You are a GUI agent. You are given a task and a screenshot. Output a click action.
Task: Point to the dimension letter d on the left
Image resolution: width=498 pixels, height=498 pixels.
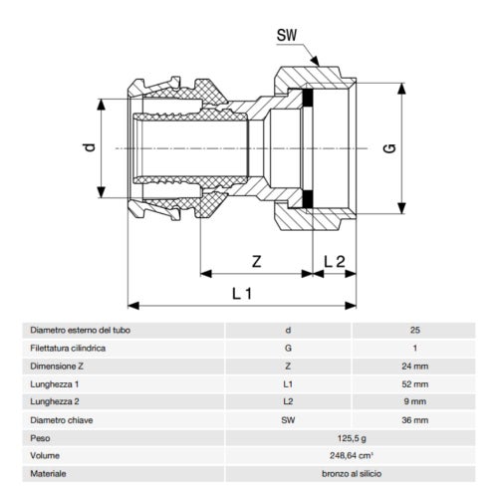90,147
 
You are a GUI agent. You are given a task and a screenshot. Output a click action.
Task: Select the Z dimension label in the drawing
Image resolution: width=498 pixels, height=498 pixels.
257,262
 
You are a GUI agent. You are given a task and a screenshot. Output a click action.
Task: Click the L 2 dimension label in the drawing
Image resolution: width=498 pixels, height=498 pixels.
335,262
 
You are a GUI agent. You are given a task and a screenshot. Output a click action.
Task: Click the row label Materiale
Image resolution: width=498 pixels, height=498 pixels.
50,475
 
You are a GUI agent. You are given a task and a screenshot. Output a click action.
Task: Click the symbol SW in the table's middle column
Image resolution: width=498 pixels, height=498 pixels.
289,421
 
